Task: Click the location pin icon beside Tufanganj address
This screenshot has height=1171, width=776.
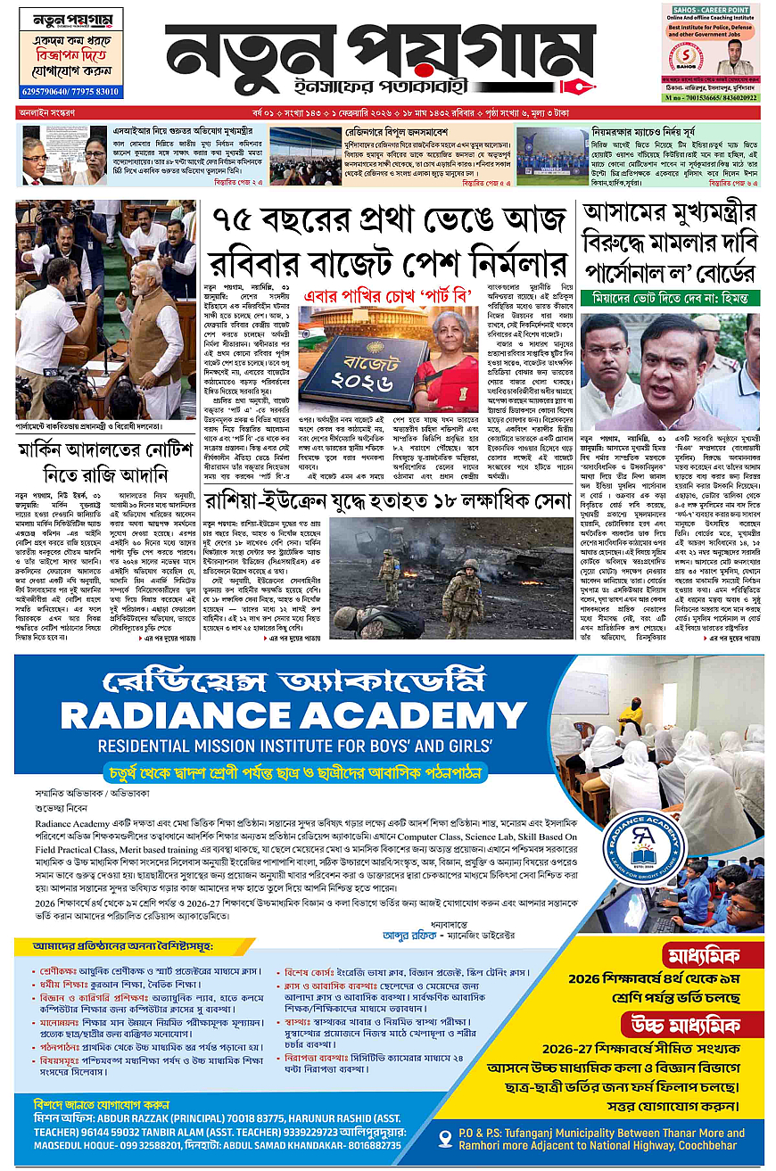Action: (x=449, y=1138)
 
